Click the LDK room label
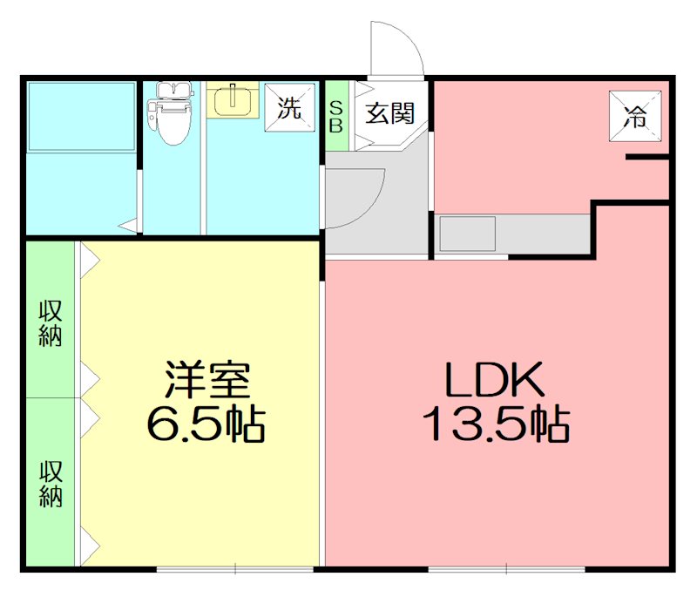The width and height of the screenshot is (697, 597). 495,380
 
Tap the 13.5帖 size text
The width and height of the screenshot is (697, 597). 497,426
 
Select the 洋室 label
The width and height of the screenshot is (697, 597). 207,380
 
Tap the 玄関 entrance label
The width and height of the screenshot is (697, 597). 389,113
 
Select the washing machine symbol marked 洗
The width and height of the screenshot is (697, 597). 289,108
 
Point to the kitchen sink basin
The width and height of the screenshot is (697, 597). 467,234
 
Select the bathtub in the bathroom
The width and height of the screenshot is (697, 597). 81,117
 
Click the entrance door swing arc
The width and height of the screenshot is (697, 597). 397,48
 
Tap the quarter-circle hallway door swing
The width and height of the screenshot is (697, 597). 355,196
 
